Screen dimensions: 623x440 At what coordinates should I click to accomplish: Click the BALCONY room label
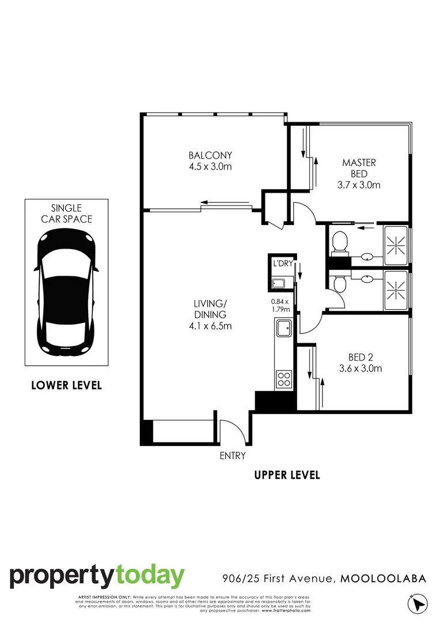(x=210, y=155)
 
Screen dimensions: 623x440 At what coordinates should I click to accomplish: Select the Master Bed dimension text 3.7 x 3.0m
(x=359, y=185)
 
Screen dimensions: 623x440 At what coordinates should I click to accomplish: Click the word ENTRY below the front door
(x=233, y=456)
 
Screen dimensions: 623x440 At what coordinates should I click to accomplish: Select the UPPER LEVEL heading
(x=287, y=475)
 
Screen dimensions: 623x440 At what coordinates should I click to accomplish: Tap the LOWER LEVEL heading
(x=66, y=385)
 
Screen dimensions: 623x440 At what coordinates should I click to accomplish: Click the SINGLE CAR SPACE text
(x=66, y=213)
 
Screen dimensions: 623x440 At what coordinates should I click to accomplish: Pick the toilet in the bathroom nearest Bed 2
(x=339, y=283)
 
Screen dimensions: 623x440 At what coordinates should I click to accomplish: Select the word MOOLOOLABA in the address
(x=383, y=579)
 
